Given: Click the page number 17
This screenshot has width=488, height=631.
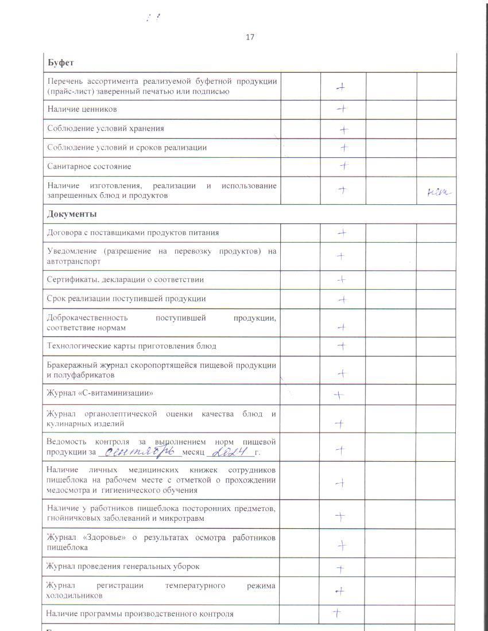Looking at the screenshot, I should click(250, 37).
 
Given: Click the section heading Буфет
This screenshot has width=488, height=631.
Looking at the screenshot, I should click(60, 63).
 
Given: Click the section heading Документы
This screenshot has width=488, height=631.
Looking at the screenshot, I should click(72, 214).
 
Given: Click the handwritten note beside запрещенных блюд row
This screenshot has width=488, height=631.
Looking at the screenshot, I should click(439, 193).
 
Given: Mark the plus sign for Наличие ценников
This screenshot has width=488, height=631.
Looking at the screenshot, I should click(342, 108).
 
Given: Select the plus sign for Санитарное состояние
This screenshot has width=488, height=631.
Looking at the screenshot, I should click(343, 166).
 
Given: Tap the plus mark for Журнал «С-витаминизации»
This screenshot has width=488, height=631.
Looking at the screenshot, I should click(339, 395).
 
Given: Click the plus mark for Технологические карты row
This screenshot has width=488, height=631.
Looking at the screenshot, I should click(342, 346).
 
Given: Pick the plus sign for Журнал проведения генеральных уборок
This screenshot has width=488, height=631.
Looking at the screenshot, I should click(340, 568).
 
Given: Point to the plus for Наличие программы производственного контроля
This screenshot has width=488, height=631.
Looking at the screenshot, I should click(337, 613).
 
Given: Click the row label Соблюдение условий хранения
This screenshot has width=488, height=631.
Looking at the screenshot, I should click(106, 128).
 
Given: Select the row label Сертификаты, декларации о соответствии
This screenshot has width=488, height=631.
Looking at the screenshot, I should click(126, 279).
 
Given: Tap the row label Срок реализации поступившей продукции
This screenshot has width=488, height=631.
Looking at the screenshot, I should click(126, 298).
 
